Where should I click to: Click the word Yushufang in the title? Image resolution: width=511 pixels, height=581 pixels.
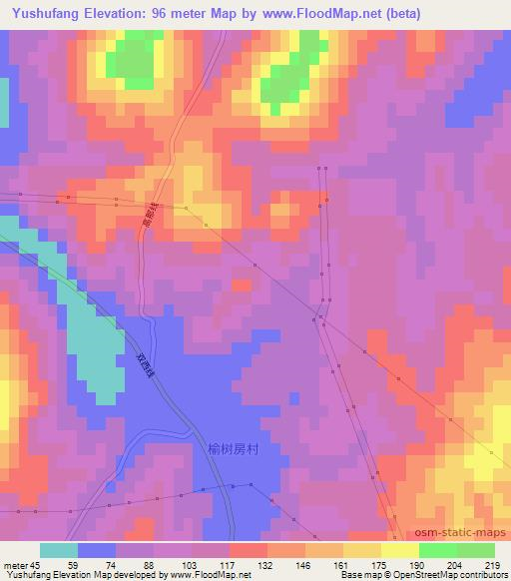[41, 14]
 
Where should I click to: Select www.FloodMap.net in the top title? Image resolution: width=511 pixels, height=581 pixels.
[319, 14]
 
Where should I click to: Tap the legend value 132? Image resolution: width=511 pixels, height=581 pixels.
[266, 565]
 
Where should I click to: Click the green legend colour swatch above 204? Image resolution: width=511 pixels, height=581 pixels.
[437, 550]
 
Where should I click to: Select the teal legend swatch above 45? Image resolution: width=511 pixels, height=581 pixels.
[59, 550]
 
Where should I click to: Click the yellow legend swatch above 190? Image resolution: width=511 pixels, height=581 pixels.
[399, 550]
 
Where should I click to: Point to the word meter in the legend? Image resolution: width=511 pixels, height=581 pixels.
[15, 565]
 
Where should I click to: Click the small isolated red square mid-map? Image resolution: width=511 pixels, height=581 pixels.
[242, 286]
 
